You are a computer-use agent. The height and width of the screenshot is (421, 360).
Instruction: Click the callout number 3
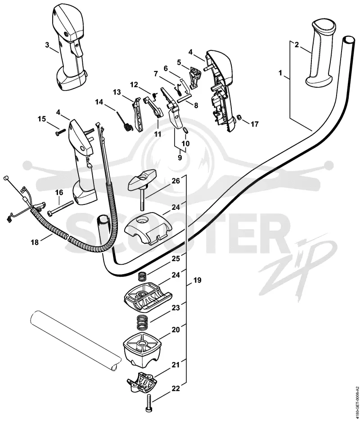tap(47, 45)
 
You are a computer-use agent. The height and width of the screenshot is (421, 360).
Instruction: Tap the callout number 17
tap(254, 124)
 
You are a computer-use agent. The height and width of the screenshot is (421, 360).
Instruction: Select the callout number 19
tap(197, 281)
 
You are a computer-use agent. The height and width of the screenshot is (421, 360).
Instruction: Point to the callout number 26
tap(175, 181)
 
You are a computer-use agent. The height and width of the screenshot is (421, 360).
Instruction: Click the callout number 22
tap(175, 388)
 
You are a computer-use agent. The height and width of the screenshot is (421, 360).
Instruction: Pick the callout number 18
tap(35, 242)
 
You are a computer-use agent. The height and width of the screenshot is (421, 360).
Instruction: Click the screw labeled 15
tap(61, 132)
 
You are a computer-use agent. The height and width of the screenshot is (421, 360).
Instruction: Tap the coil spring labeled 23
tap(143, 322)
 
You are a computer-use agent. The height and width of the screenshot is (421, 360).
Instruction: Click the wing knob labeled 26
tap(142, 188)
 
